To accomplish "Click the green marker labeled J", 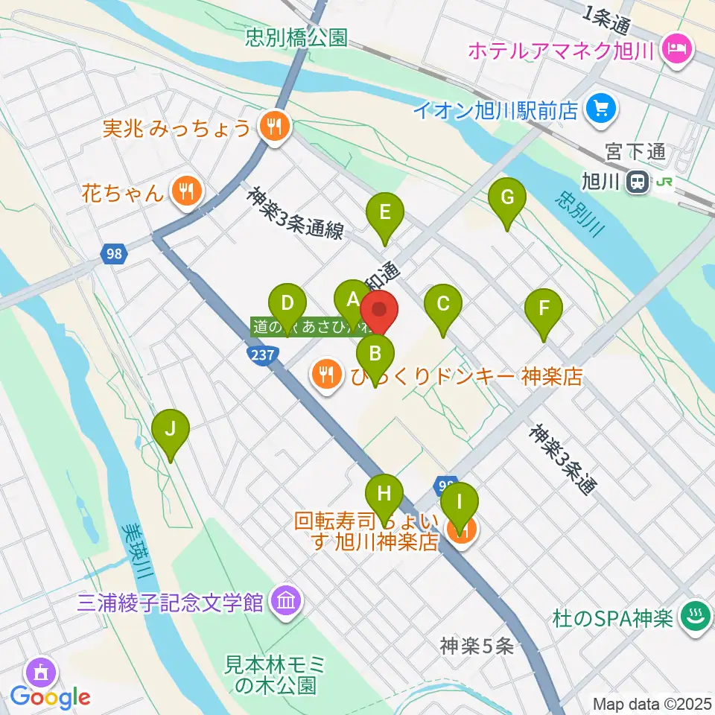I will point(171,429).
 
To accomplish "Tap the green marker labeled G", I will point(507,198).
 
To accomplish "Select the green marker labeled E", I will point(385,212).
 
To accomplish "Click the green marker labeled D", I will point(287,304).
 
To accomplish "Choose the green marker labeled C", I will point(443,304).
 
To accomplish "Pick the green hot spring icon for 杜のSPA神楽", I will point(696,617).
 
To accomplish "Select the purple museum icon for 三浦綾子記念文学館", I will point(285,600).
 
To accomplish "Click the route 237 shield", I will point(263,357).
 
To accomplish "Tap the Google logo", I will point(51,696).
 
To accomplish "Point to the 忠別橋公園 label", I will point(297,37).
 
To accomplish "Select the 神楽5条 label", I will point(477,646).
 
